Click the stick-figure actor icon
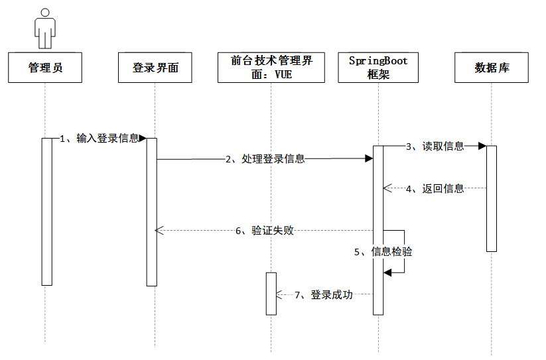pyautogui.click(x=45, y=29)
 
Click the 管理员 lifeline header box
pyautogui.click(x=45, y=68)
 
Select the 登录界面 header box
pyautogui.click(x=155, y=68)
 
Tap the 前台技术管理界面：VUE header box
pyautogui.click(x=271, y=68)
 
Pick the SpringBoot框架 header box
pyautogui.click(x=378, y=68)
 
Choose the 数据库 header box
pyautogui.click(x=492, y=68)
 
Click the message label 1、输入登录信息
pyautogui.click(x=100, y=139)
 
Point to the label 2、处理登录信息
pyautogui.click(x=265, y=159)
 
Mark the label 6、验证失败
pyautogui.click(x=265, y=231)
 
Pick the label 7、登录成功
pyautogui.click(x=323, y=294)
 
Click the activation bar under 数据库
pyautogui.click(x=492, y=198)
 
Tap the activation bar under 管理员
pyautogui.click(x=46, y=211)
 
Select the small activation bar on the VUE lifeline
pyautogui.click(x=271, y=293)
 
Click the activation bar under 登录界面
pyautogui.click(x=152, y=211)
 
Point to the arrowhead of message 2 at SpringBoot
pyautogui.click(x=369, y=159)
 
